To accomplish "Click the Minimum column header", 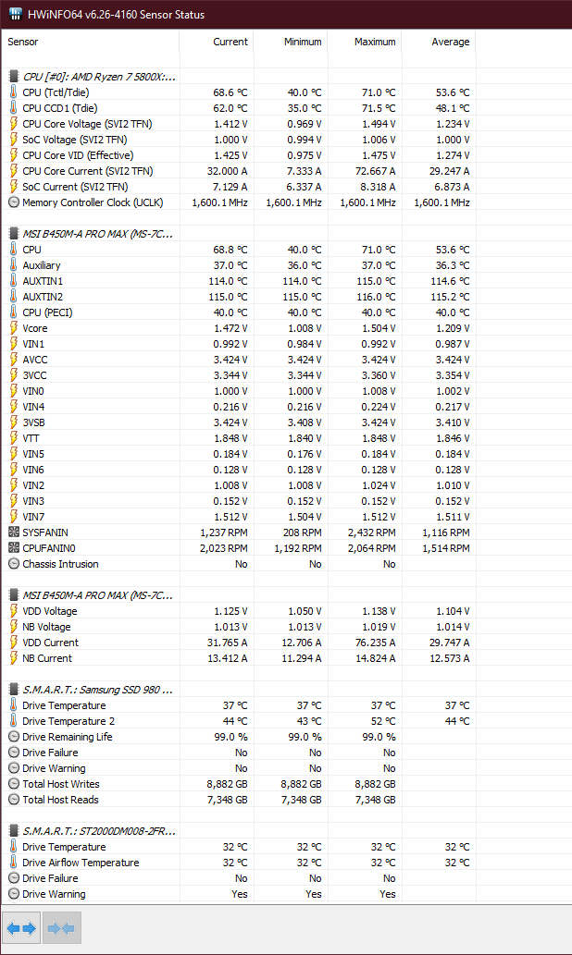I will (303, 42).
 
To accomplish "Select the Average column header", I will (450, 42).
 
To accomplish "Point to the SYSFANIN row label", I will (45, 533).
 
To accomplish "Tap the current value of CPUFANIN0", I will (224, 548).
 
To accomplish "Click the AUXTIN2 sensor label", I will (43, 297).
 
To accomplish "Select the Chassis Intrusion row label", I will (61, 564).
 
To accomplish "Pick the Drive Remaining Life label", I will (68, 737).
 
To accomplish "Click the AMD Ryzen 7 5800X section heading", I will (99, 77).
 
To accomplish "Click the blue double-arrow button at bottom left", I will (21, 927).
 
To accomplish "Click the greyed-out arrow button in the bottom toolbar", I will (61, 927).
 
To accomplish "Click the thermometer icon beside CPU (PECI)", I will (14, 312).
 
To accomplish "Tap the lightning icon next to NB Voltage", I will (14, 627).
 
